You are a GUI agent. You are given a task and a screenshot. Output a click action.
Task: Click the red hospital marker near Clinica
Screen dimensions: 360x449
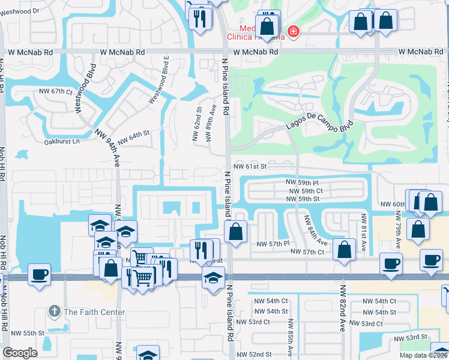point(293,32)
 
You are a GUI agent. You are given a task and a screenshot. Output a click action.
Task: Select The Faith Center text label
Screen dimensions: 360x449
point(94,312)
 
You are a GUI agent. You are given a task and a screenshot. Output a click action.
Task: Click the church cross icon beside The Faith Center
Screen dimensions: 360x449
point(55,311)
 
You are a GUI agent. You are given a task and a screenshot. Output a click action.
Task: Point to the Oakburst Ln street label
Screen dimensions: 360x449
point(62,142)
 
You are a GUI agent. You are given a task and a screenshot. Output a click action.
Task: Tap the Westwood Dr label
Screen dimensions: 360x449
point(20,11)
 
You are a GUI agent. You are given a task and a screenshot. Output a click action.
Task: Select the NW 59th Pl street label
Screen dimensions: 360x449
point(302,182)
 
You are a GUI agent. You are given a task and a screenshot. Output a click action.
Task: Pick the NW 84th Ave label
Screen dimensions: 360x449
point(315,230)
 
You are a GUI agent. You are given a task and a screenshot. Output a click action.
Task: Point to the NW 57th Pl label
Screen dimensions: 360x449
point(273,244)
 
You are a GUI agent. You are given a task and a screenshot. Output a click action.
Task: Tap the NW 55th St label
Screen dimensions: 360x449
point(28,332)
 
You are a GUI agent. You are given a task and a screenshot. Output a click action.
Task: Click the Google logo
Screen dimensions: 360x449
point(20,353)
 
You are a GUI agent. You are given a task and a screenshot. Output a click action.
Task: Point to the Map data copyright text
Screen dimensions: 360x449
point(423,355)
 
